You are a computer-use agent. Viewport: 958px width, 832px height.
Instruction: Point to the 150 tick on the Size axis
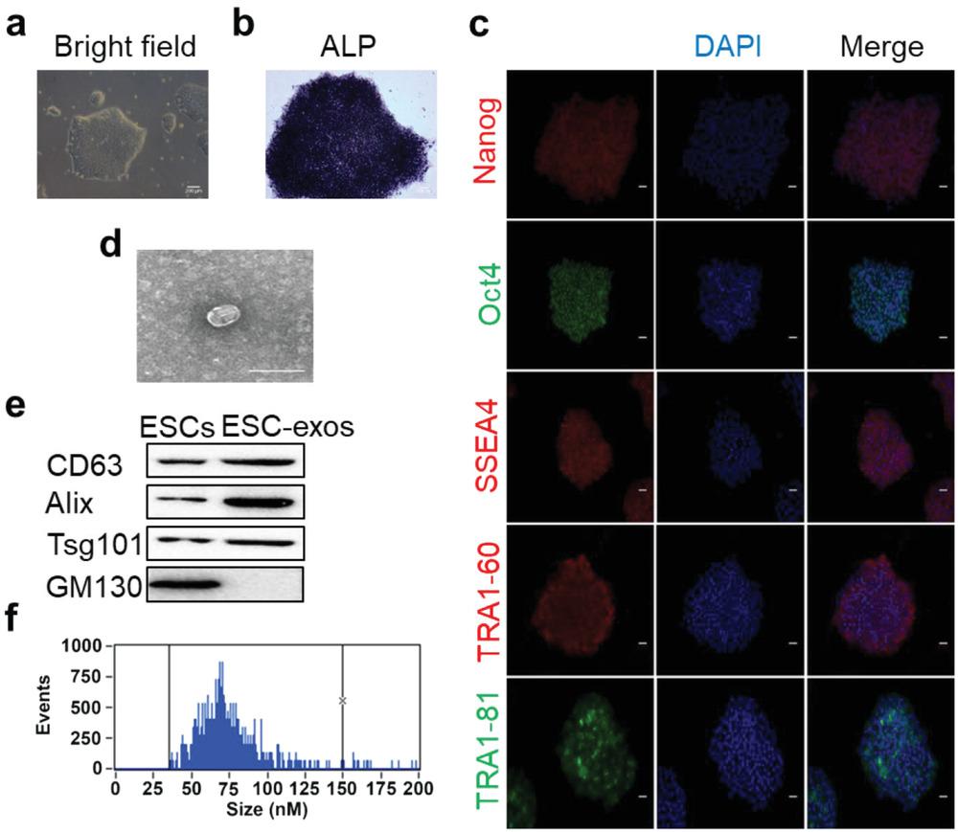[x=343, y=787]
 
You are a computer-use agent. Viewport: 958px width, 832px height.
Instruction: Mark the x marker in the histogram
[x=342, y=701]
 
